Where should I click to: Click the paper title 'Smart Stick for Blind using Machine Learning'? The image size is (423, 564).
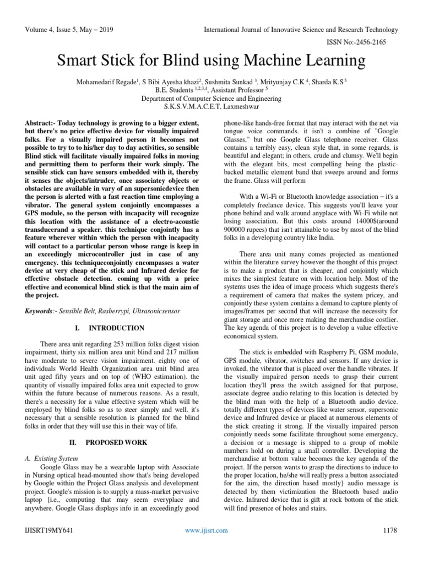click(x=211, y=58)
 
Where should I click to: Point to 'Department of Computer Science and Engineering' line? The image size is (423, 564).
click(x=211, y=98)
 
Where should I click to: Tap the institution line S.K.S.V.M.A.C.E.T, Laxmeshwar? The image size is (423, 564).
click(x=211, y=106)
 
